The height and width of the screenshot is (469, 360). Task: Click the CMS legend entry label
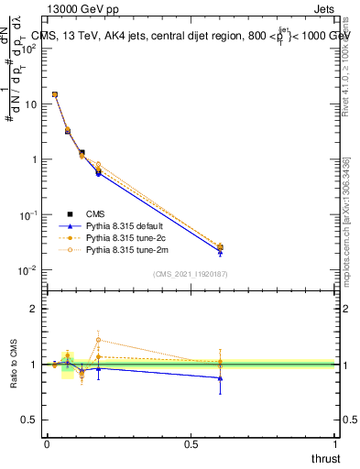pos(95,213)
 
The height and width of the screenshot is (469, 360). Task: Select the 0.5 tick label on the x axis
pos(191,442)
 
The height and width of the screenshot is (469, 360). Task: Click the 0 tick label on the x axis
pos(47,442)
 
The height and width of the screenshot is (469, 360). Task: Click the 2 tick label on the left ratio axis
pos(33,309)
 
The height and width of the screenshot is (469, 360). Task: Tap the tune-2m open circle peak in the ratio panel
pos(98,340)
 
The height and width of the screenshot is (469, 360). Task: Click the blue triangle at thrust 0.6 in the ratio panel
pos(220,377)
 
